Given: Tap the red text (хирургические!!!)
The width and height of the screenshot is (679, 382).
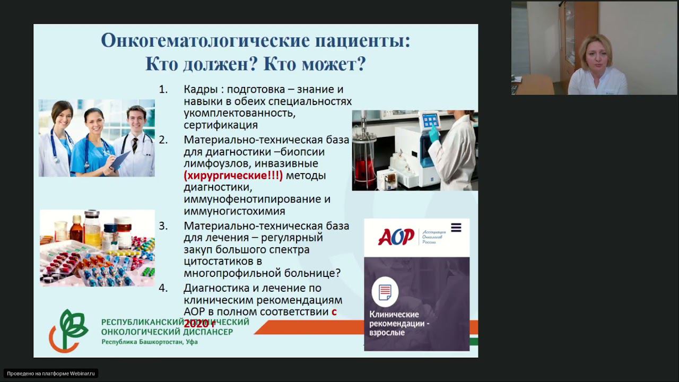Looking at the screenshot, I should [x=233, y=175].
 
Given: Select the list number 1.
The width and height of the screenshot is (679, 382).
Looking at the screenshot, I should [x=163, y=90].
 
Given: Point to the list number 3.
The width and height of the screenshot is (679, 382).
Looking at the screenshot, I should [x=163, y=226].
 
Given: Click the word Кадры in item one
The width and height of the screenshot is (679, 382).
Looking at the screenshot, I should [x=199, y=90].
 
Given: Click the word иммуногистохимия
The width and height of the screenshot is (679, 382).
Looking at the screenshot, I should [x=234, y=211].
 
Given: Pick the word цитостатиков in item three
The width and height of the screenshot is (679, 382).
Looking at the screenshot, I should [x=219, y=262].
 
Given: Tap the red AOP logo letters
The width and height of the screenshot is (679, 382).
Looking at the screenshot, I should [x=396, y=237].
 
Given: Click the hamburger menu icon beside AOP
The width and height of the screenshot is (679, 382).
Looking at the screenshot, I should [x=456, y=228].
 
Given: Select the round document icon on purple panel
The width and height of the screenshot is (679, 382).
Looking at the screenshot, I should [x=385, y=291].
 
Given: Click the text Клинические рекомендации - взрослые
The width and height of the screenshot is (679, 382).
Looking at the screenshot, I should [x=399, y=323].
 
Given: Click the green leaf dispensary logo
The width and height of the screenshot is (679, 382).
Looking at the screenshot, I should [x=68, y=331].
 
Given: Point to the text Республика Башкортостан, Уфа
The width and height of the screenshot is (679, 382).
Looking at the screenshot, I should [x=150, y=342].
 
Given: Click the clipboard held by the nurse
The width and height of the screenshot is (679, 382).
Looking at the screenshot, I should [x=119, y=159].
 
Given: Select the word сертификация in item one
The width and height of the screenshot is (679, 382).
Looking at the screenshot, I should [x=221, y=125].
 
